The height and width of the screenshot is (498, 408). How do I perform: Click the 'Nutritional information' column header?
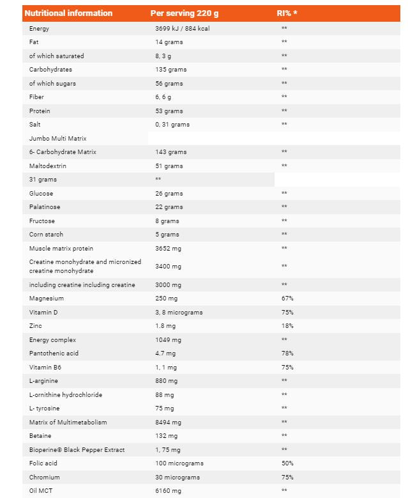pyautogui.click(x=68, y=13)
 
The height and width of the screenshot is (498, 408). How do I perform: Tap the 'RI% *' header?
pyautogui.click(x=287, y=13)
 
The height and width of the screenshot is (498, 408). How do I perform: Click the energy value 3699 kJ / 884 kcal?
pyautogui.click(x=182, y=29)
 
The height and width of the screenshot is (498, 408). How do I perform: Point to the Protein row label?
pyautogui.click(x=40, y=111)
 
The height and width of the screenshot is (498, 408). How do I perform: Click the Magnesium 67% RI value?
pyautogui.click(x=287, y=299)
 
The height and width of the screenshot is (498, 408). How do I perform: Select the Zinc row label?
pyautogui.click(x=36, y=326)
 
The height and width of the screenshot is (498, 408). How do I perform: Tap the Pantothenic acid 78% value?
pyautogui.click(x=287, y=354)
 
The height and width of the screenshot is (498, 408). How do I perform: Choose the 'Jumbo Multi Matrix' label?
pyautogui.click(x=57, y=139)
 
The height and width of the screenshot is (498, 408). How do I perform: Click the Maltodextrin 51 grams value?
pyautogui.click(x=169, y=166)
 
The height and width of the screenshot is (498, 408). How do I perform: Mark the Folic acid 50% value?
pyautogui.click(x=287, y=463)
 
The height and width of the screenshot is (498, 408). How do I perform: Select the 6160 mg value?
pyautogui.click(x=168, y=491)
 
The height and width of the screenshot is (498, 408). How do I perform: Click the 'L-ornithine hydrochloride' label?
pyautogui.click(x=66, y=395)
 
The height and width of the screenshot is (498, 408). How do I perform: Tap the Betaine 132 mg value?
pyautogui.click(x=166, y=436)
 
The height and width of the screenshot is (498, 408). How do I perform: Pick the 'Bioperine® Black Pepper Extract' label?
pyautogui.click(x=77, y=450)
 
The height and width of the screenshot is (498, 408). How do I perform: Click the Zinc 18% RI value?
pyautogui.click(x=287, y=326)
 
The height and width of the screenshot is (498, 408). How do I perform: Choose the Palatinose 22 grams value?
pyautogui.click(x=169, y=207)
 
